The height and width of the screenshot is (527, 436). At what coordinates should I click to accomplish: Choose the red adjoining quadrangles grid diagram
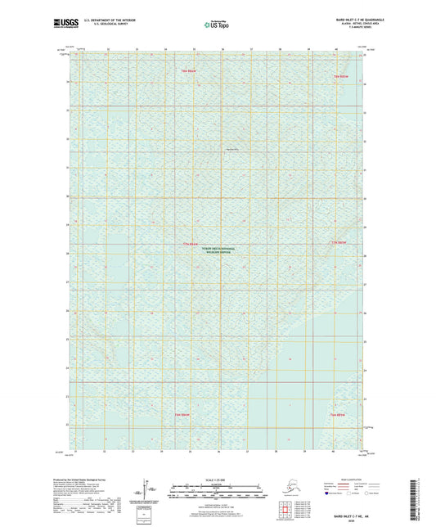click(x=287, y=511)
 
